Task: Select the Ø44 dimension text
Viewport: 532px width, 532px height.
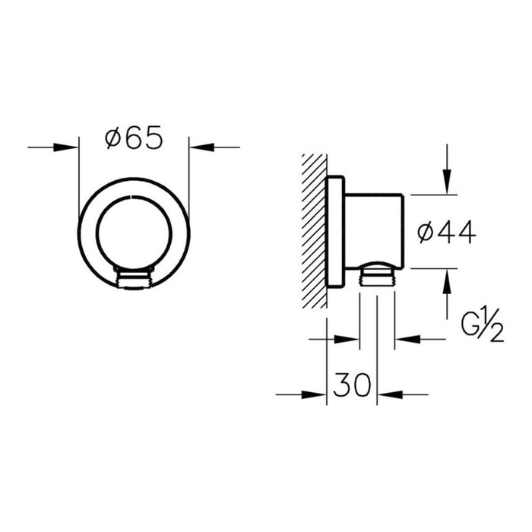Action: pos(448,233)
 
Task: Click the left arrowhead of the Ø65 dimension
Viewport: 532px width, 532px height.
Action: pos(70,147)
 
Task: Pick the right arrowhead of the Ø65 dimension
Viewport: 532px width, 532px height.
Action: pos(198,147)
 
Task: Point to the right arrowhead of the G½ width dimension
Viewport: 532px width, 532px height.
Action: pos(404,340)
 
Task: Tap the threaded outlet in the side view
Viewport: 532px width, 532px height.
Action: pos(377,273)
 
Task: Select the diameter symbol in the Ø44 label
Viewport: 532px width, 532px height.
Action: pos(427,233)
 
